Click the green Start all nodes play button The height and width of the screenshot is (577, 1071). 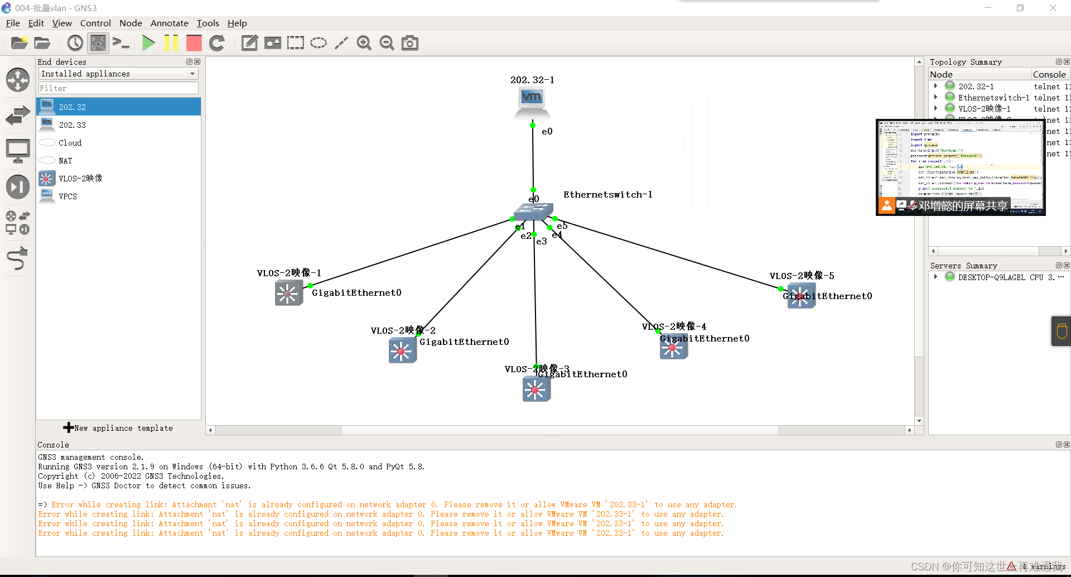[148, 43]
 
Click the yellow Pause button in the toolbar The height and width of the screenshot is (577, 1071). [171, 43]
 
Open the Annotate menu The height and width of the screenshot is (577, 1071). [169, 23]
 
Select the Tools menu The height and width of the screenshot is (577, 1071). [208, 23]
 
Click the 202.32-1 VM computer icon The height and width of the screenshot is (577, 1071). [532, 103]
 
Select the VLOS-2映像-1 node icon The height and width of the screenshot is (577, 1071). [288, 293]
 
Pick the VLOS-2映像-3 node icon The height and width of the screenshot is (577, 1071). [536, 390]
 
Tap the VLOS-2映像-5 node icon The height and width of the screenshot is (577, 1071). [801, 296]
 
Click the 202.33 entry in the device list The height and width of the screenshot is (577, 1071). [73, 125]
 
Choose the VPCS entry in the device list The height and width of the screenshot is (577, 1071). [67, 196]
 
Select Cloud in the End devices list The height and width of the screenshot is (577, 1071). [70, 143]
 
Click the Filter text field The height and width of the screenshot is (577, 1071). [118, 88]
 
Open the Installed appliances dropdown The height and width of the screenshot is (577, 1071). [118, 74]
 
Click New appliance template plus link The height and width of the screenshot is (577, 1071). [118, 428]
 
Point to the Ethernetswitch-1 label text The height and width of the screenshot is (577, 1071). [607, 195]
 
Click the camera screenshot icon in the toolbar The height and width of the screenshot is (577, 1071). [410, 43]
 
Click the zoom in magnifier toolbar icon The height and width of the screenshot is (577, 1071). [364, 43]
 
